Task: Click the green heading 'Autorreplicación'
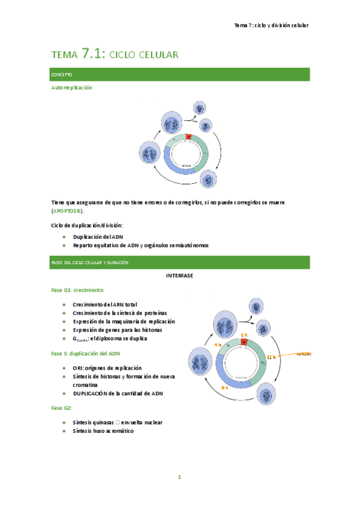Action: pyautogui.click(x=72, y=88)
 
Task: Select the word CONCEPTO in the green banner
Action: pyautogui.click(x=62, y=74)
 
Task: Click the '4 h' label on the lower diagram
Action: pyautogui.click(x=217, y=345)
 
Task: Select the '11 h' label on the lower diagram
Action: pyautogui.click(x=271, y=357)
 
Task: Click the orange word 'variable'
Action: pyautogui.click(x=303, y=354)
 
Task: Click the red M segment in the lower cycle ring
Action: pyautogui.click(x=244, y=342)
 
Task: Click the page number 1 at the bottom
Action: pyautogui.click(x=179, y=478)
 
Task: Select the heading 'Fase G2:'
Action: pyautogui.click(x=62, y=408)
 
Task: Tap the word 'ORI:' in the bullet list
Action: pyautogui.click(x=79, y=367)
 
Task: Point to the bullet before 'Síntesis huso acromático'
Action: pyautogui.click(x=64, y=431)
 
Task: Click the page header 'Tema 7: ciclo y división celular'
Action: pyautogui.click(x=271, y=25)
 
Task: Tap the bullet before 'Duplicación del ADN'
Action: pyautogui.click(x=64, y=237)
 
